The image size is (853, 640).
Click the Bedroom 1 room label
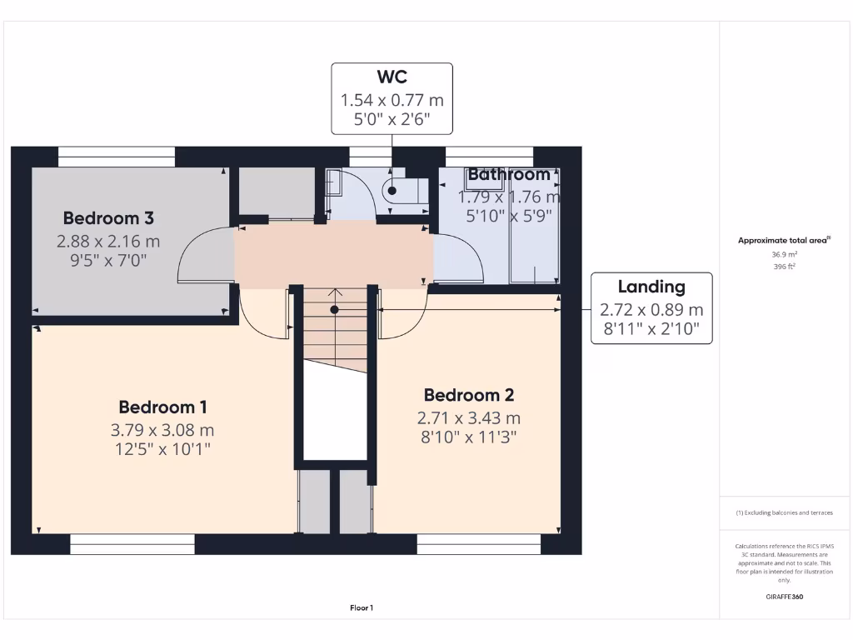[x=162, y=407]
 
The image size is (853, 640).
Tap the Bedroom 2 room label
[x=469, y=395]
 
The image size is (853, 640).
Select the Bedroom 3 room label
[x=108, y=218]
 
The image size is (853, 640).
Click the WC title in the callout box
[x=392, y=77]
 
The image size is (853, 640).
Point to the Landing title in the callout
[x=651, y=287]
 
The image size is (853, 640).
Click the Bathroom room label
[x=508, y=175]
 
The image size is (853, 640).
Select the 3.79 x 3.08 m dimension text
[x=162, y=431]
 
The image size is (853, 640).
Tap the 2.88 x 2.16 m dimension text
[x=108, y=242]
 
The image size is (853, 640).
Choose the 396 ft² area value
[x=784, y=267]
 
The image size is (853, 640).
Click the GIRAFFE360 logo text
[x=784, y=597]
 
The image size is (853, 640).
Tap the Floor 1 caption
[x=361, y=608]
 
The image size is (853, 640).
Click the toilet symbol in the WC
[x=404, y=190]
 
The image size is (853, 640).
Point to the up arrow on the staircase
[x=336, y=293]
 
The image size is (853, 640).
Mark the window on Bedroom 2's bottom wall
[x=478, y=544]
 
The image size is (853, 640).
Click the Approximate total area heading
[x=784, y=240]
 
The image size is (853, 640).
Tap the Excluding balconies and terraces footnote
[x=784, y=512]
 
